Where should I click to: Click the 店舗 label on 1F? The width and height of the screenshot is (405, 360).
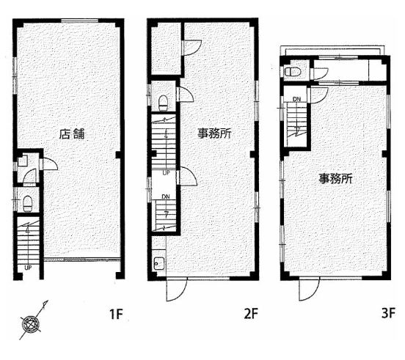tap(72, 134)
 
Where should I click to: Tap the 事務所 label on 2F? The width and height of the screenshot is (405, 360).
tap(215, 133)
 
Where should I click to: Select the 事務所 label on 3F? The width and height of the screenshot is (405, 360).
tap(335, 179)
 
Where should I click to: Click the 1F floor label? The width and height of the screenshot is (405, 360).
tap(116, 314)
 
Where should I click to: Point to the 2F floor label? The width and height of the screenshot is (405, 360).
tap(251, 314)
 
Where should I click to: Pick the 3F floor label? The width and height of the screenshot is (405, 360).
tap(388, 314)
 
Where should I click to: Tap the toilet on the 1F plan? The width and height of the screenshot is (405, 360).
tap(27, 204)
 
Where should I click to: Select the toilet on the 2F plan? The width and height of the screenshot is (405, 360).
tap(163, 103)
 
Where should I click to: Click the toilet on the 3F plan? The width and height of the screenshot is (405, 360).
tap(293, 71)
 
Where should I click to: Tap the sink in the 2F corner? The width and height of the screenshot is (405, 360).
tap(159, 263)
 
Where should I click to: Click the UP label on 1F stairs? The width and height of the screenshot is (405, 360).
tap(28, 268)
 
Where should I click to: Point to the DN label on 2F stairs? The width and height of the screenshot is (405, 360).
tap(166, 196)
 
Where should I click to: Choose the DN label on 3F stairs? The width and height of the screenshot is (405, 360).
tap(296, 99)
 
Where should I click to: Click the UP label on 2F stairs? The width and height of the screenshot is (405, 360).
tap(166, 172)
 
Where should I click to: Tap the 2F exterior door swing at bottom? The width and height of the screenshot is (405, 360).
tap(177, 290)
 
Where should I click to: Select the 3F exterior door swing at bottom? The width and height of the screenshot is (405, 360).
tap(309, 290)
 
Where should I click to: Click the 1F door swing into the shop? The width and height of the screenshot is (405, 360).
tap(50, 164)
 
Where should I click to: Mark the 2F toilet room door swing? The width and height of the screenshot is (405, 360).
tap(186, 94)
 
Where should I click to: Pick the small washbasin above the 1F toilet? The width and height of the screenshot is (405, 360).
tap(23, 161)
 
